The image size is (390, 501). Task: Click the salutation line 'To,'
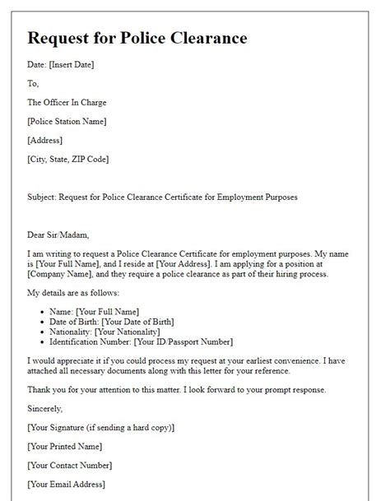(x=34, y=84)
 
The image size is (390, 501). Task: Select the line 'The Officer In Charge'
(x=67, y=103)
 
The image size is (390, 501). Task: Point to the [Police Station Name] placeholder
(x=67, y=122)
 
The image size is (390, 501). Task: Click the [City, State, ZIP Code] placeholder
(x=68, y=160)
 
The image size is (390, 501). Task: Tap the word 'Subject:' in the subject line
(x=44, y=197)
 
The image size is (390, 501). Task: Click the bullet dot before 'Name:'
(x=42, y=312)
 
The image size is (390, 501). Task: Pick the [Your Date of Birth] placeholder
(x=133, y=322)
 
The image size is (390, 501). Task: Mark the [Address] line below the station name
(x=45, y=141)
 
